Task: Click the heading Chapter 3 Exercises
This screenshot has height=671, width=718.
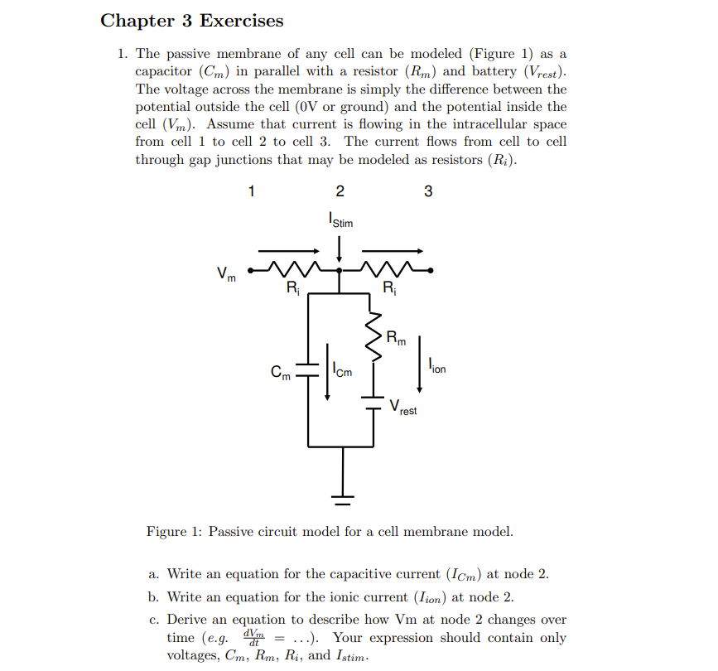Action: pos(191,21)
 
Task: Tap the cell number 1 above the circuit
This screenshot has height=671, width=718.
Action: pos(252,191)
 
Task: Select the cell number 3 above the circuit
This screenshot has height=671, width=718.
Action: pos(428,191)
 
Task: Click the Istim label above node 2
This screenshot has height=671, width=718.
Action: pos(340,220)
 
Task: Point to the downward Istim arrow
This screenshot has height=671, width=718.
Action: pos(339,247)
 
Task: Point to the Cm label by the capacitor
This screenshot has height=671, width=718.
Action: pos(282,373)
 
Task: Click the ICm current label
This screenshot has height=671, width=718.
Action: pos(340,371)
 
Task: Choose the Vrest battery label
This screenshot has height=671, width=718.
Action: pos(403,408)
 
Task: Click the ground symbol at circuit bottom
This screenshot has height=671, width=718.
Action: pos(341,498)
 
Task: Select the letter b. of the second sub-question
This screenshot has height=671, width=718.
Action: pos(155,596)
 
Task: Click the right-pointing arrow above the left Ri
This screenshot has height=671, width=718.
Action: pos(289,250)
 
